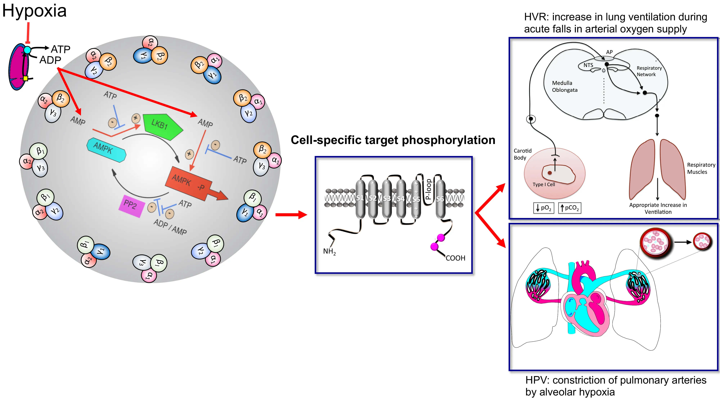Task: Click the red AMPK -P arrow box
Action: click(190, 183)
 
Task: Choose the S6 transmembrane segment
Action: click(440, 199)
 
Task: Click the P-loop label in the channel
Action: click(428, 189)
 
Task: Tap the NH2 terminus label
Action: click(329, 252)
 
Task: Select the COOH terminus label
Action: click(455, 258)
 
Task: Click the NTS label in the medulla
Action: click(588, 65)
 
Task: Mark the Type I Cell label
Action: click(544, 184)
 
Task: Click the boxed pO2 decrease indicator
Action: click(544, 208)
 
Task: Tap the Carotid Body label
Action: click(522, 154)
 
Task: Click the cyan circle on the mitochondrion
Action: click(27, 50)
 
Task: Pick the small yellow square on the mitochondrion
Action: click(25, 78)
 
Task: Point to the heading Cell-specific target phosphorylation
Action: click(393, 140)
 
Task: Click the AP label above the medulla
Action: click(609, 52)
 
